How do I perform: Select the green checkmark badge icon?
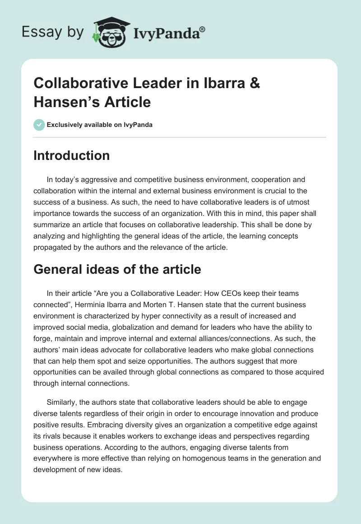pyautogui.click(x=39, y=125)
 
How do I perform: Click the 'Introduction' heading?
pyautogui.click(x=72, y=155)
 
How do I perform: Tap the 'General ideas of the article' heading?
pyautogui.click(x=117, y=269)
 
